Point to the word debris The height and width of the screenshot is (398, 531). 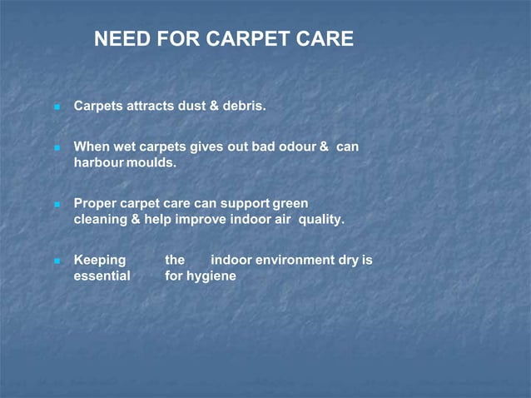click(244, 107)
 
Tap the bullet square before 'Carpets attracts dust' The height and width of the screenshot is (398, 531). click(57, 107)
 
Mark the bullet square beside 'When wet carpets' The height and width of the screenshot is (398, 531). click(57, 147)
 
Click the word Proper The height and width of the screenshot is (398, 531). click(95, 203)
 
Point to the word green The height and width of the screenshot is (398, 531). click(290, 203)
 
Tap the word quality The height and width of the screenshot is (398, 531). click(321, 220)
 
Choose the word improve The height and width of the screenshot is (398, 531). click(201, 220)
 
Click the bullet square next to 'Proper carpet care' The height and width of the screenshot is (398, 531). click(57, 204)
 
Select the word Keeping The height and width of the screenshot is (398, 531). click(100, 260)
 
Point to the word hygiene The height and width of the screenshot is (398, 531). click(211, 276)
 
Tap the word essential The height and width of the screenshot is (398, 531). click(102, 276)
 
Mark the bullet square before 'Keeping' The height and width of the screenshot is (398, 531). click(57, 261)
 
